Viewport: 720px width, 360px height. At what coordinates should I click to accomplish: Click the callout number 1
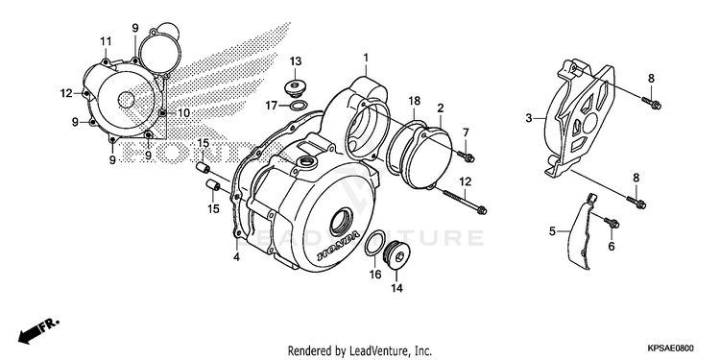pyautogui.click(x=366, y=58)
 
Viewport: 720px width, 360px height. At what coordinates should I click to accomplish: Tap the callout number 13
pyautogui.click(x=296, y=61)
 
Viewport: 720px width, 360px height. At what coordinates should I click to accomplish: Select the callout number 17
pyautogui.click(x=272, y=106)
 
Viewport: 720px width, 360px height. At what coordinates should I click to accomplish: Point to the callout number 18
pyautogui.click(x=414, y=102)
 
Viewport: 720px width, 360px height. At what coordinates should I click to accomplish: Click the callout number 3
pyautogui.click(x=529, y=118)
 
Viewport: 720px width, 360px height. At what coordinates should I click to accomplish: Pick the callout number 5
pyautogui.click(x=552, y=231)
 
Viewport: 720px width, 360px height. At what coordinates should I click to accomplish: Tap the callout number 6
pyautogui.click(x=612, y=247)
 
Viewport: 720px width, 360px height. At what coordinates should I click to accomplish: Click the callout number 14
pyautogui.click(x=396, y=288)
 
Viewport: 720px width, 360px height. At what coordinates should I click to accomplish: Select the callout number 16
pyautogui.click(x=374, y=275)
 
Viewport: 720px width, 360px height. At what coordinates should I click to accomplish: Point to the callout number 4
pyautogui.click(x=236, y=257)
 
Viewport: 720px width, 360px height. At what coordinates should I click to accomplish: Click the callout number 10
pyautogui.click(x=183, y=113)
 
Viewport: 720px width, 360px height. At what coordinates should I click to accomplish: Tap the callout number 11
pyautogui.click(x=106, y=41)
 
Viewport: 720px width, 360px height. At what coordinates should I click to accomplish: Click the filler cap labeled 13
pyautogui.click(x=296, y=87)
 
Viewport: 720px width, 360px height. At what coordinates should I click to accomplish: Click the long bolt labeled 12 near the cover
pyautogui.click(x=465, y=201)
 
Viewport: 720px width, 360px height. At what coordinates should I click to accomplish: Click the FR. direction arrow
pyautogui.click(x=39, y=330)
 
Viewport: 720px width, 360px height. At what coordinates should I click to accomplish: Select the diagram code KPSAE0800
pyautogui.click(x=671, y=348)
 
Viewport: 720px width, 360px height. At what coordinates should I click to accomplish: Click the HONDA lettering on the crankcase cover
pyautogui.click(x=339, y=248)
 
